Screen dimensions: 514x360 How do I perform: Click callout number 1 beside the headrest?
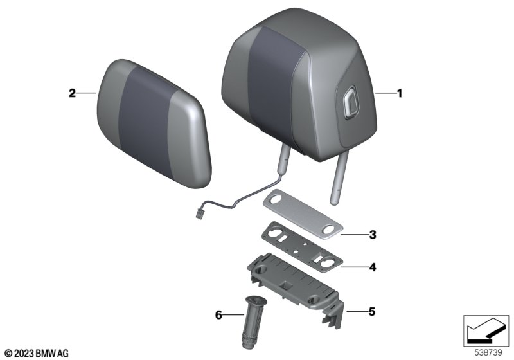(399, 93)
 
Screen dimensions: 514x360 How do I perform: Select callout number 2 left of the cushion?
(72, 93)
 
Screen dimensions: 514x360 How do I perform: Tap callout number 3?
(373, 235)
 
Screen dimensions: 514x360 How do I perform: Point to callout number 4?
(373, 267)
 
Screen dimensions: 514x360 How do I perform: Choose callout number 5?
(371, 312)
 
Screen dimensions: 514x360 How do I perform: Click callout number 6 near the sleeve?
(218, 315)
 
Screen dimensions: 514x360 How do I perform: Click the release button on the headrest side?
(349, 101)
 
